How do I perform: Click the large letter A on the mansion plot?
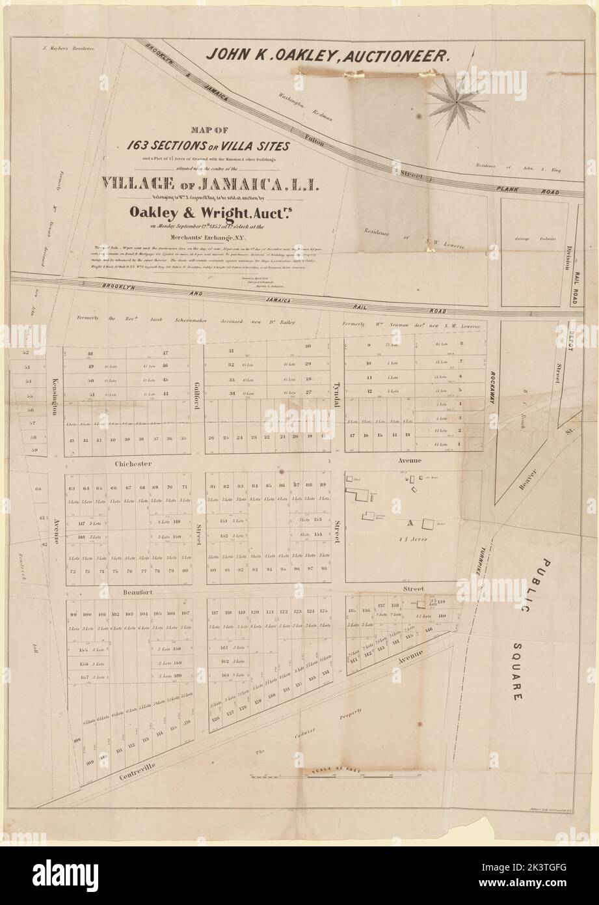pos(410,523)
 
